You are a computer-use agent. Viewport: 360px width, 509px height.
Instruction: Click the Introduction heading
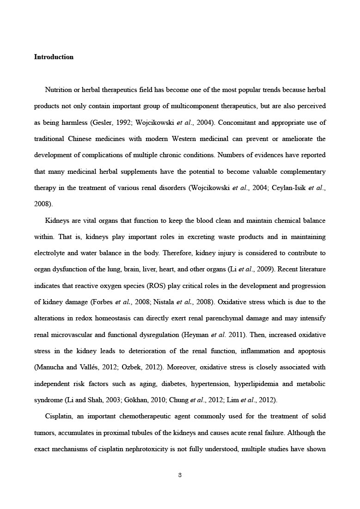(x=54, y=57)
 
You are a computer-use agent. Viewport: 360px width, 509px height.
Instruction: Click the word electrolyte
(x=49, y=253)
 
